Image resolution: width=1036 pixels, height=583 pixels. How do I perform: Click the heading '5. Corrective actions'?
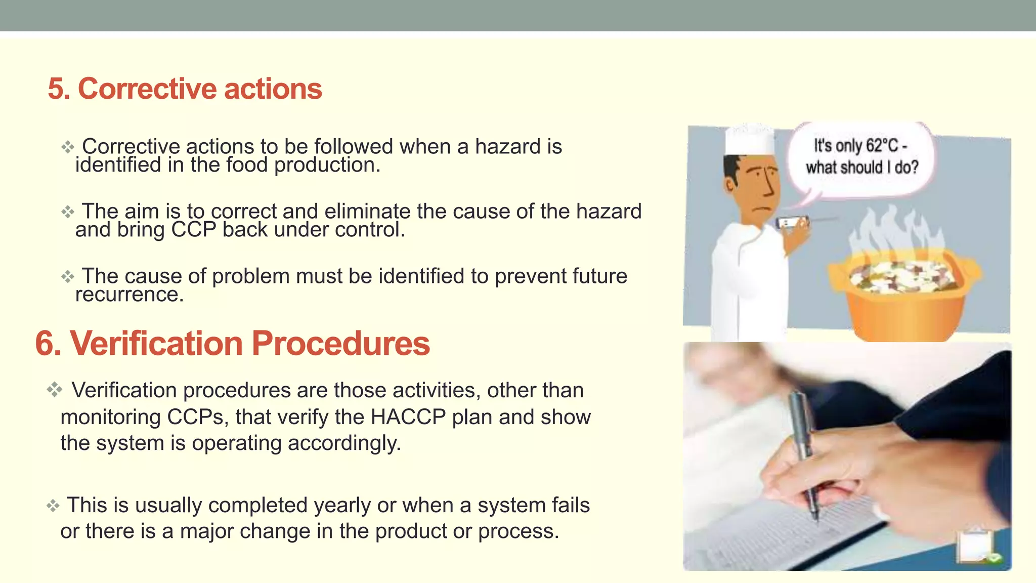[185, 89]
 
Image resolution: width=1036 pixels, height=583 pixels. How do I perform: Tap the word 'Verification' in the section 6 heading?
[156, 344]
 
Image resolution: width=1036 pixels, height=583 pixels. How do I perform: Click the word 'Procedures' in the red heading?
[340, 344]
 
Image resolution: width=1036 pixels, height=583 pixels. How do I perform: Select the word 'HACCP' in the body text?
[408, 417]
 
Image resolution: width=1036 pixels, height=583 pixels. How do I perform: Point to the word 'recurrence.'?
[129, 295]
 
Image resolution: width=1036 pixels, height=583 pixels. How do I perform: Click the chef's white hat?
[749, 140]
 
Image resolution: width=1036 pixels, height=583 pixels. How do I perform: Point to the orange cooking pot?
[905, 299]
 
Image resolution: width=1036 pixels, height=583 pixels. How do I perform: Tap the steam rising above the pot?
[895, 228]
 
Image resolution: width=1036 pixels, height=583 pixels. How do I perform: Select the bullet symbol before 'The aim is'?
[68, 212]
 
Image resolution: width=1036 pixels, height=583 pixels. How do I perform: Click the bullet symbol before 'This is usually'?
[53, 506]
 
